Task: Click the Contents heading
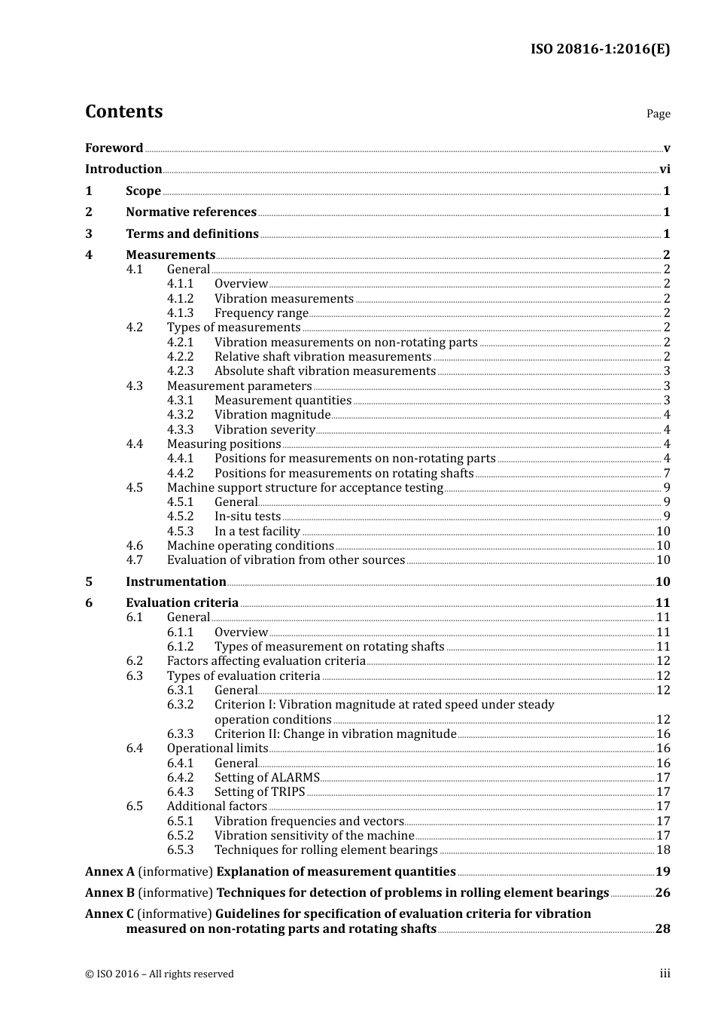tap(123, 111)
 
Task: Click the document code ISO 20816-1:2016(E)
tap(600, 49)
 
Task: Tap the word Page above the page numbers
tap(658, 114)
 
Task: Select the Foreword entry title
tap(114, 148)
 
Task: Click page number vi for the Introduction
tap(665, 169)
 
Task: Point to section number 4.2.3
tap(180, 371)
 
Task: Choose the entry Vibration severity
tap(264, 430)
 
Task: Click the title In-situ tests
tap(248, 517)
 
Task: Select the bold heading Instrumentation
tap(175, 581)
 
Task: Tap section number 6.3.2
tap(180, 705)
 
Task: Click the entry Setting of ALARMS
tap(266, 778)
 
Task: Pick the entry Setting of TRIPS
tap(260, 792)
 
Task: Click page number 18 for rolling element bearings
tap(663, 850)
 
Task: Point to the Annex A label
tap(110, 872)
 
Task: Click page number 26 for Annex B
tap(662, 893)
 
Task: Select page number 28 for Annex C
tap(662, 929)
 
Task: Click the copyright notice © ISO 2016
tap(159, 974)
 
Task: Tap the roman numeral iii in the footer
tap(665, 974)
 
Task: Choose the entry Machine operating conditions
tap(250, 546)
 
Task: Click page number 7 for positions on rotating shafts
tap(667, 474)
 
